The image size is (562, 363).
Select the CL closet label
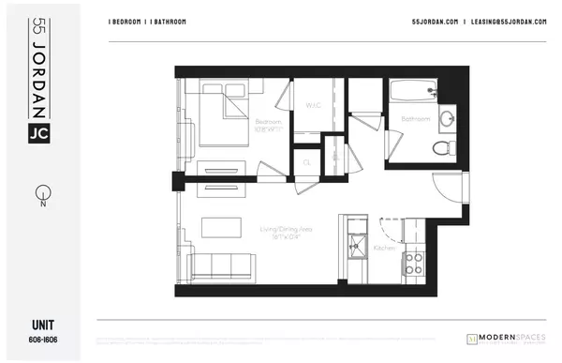306,161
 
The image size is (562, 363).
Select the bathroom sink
446,118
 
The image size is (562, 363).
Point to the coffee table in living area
218,228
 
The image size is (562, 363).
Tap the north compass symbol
40,197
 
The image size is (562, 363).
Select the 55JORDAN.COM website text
432,22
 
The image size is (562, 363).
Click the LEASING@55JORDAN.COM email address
507,22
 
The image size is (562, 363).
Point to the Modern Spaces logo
505,337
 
